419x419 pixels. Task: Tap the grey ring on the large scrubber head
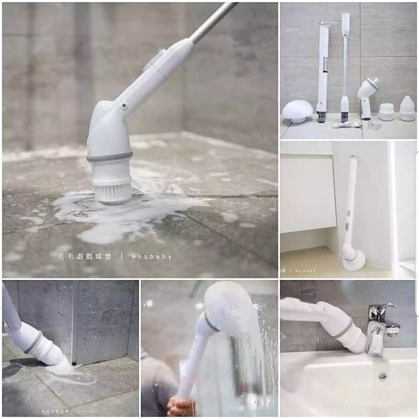click(110, 157)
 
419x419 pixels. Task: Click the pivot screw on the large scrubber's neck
click(124, 106)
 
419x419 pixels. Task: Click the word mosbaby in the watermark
click(151, 257)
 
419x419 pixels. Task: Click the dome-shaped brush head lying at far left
click(297, 111)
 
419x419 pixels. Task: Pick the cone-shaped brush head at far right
click(407, 109)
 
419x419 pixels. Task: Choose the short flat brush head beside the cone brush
click(386, 112)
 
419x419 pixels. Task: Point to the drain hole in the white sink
click(383, 376)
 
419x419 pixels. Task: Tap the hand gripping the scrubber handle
click(180, 406)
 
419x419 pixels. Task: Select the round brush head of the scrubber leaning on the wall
click(353, 259)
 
